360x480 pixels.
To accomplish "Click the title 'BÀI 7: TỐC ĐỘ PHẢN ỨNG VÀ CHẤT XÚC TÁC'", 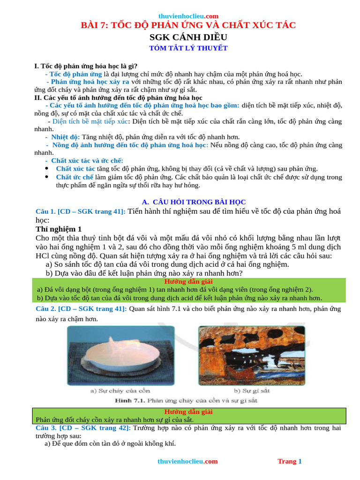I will (188, 25).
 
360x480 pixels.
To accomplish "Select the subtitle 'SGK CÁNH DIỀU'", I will (188, 37).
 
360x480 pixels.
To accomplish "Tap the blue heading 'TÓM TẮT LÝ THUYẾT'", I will (188, 48).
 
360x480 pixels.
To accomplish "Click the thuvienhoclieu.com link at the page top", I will (188, 16).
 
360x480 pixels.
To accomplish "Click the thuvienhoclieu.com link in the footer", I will (187, 461).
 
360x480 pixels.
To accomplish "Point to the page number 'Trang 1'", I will (290, 461).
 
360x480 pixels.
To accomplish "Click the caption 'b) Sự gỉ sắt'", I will (252, 390).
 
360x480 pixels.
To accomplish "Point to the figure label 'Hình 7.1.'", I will (129, 401).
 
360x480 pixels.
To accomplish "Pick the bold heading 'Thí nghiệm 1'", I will (59, 229).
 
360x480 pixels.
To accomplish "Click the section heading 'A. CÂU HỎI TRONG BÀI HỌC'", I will (187, 202).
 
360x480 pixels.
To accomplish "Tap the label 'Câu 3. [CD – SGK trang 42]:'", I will (83, 428).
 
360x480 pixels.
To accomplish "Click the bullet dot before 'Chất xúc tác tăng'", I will (46, 168).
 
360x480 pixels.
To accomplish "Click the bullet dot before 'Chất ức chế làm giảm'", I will (46, 177).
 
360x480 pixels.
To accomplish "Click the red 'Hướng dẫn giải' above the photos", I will (188, 282).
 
